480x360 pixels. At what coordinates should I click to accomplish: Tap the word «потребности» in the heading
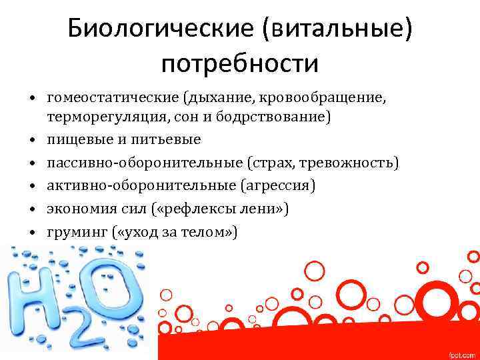click(240, 65)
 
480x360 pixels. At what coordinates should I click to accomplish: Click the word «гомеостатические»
click(111, 99)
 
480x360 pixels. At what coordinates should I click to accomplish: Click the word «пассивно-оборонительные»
click(144, 163)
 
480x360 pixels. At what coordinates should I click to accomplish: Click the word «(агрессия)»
click(273, 186)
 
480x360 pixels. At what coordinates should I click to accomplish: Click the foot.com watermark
click(461, 353)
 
